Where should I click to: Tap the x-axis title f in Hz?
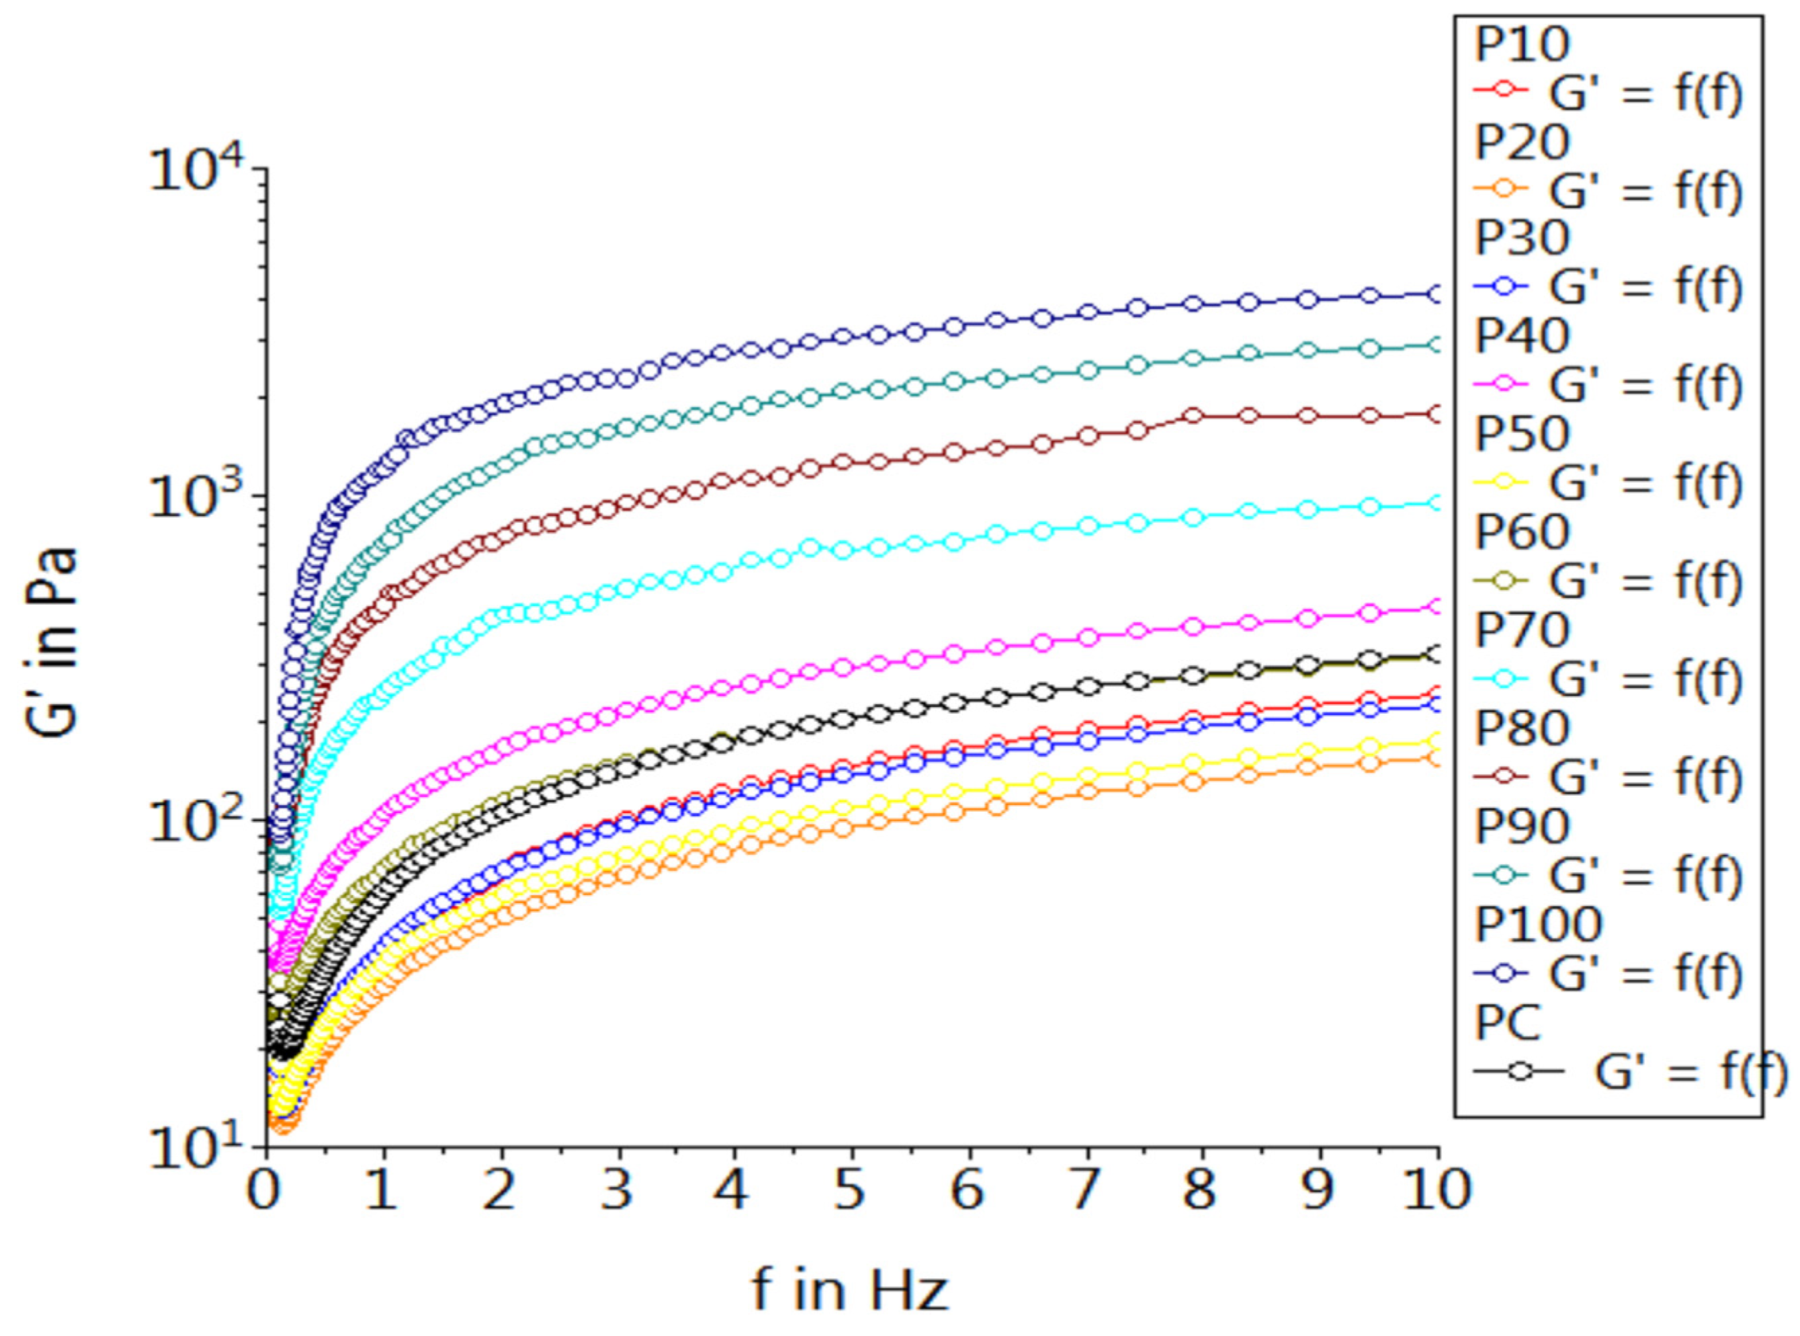tap(849, 1289)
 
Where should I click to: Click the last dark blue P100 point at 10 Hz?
tap(1436, 294)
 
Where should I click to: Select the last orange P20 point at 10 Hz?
tap(1436, 758)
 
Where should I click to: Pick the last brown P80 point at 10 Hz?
tap(1436, 414)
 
